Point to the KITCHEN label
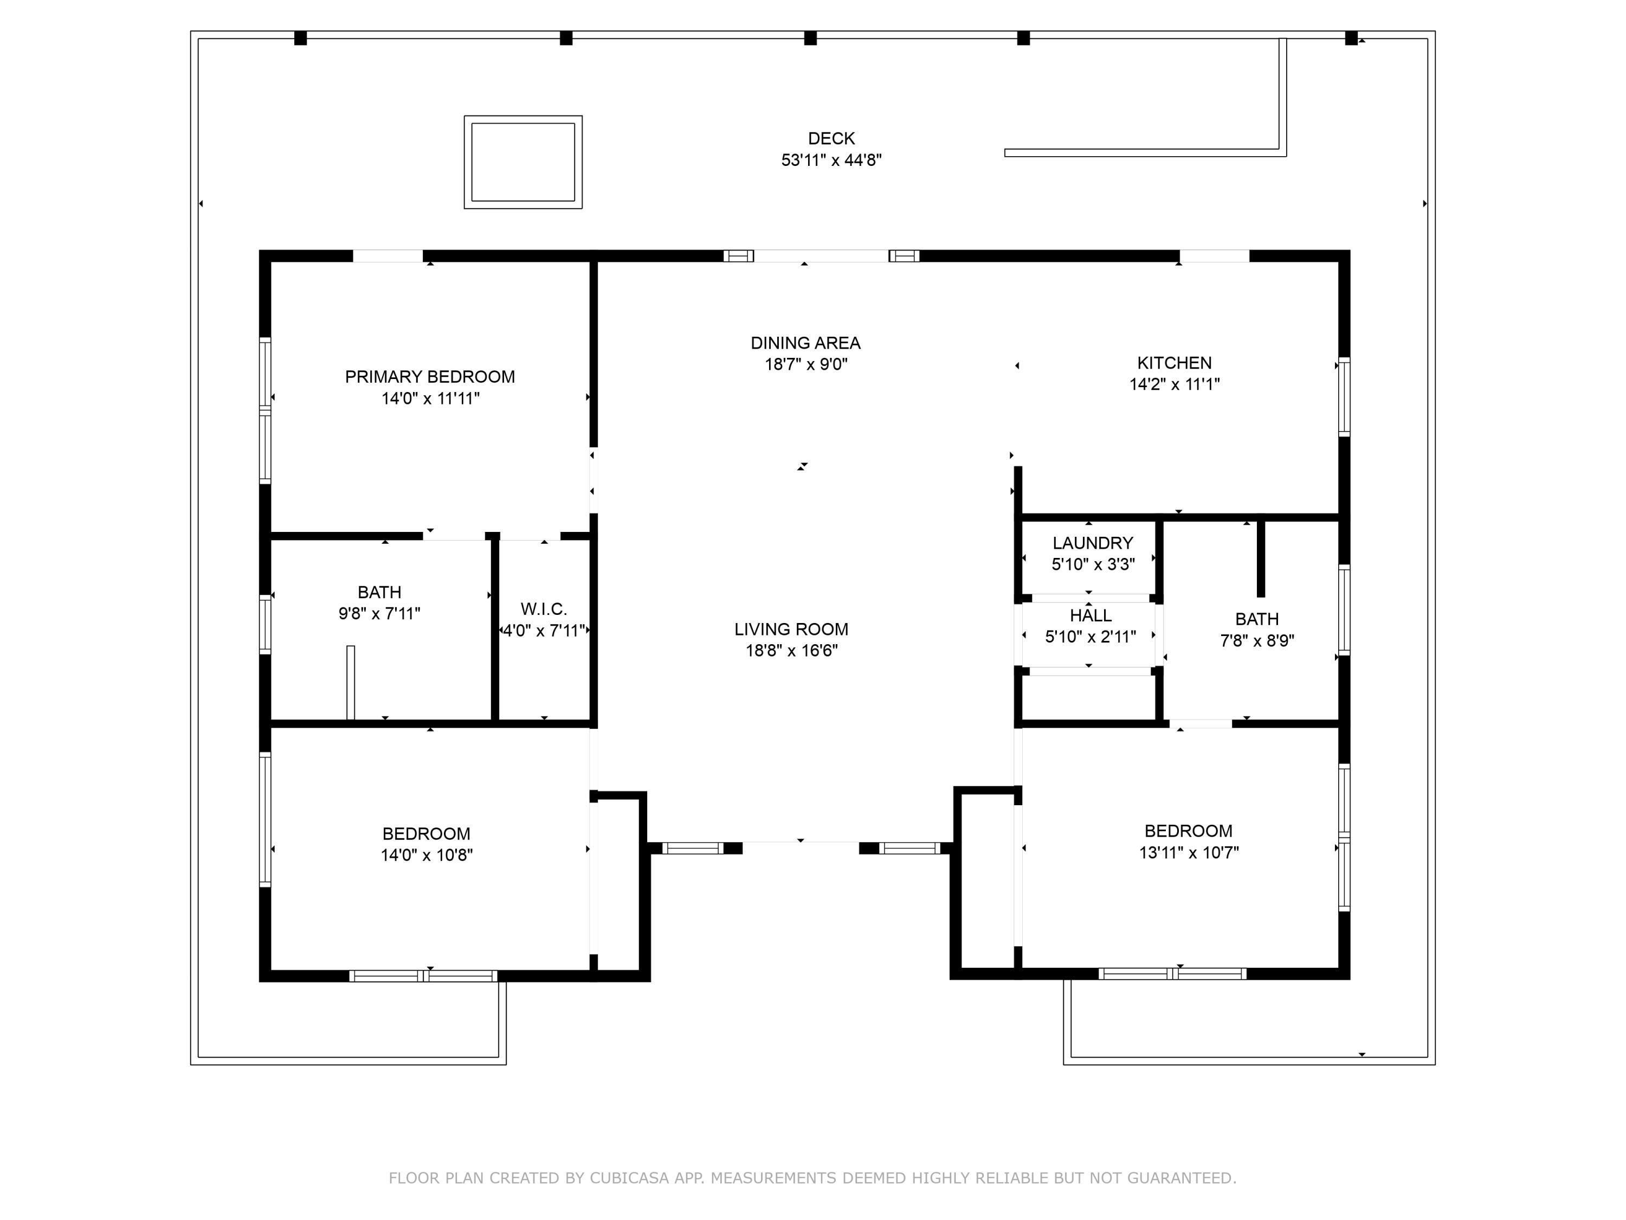point(1175,363)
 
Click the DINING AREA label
point(805,343)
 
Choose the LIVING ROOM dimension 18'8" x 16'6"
point(792,650)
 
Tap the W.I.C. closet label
point(544,609)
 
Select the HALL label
point(1091,615)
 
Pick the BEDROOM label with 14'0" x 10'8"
point(427,833)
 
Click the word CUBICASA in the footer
point(629,1178)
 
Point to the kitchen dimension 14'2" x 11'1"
point(1175,383)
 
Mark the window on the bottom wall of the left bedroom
point(423,976)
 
